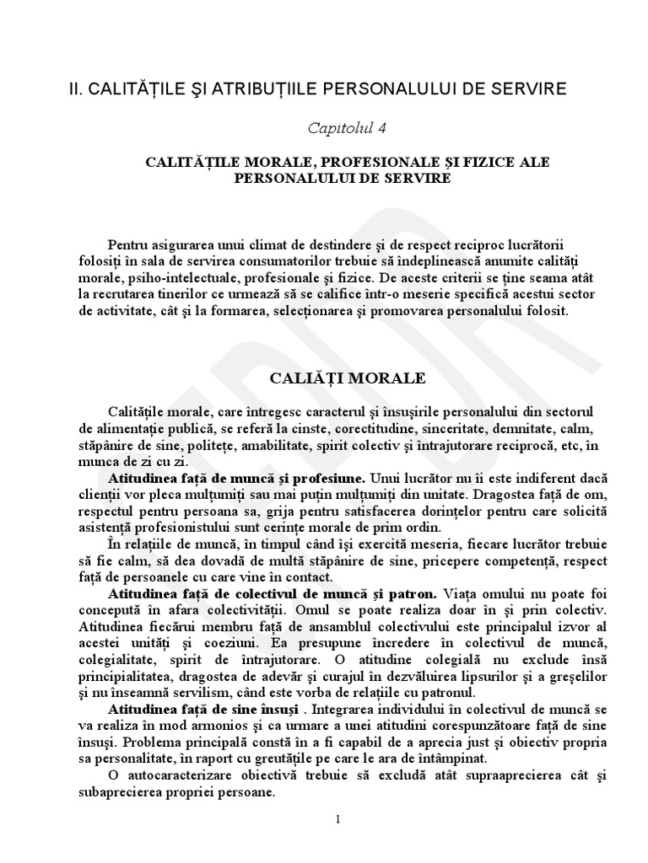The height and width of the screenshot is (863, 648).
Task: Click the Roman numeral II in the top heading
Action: coord(73,88)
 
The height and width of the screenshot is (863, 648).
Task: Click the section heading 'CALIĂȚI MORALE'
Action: coord(347,378)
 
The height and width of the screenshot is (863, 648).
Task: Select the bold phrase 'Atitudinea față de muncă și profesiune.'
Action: coord(236,475)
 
